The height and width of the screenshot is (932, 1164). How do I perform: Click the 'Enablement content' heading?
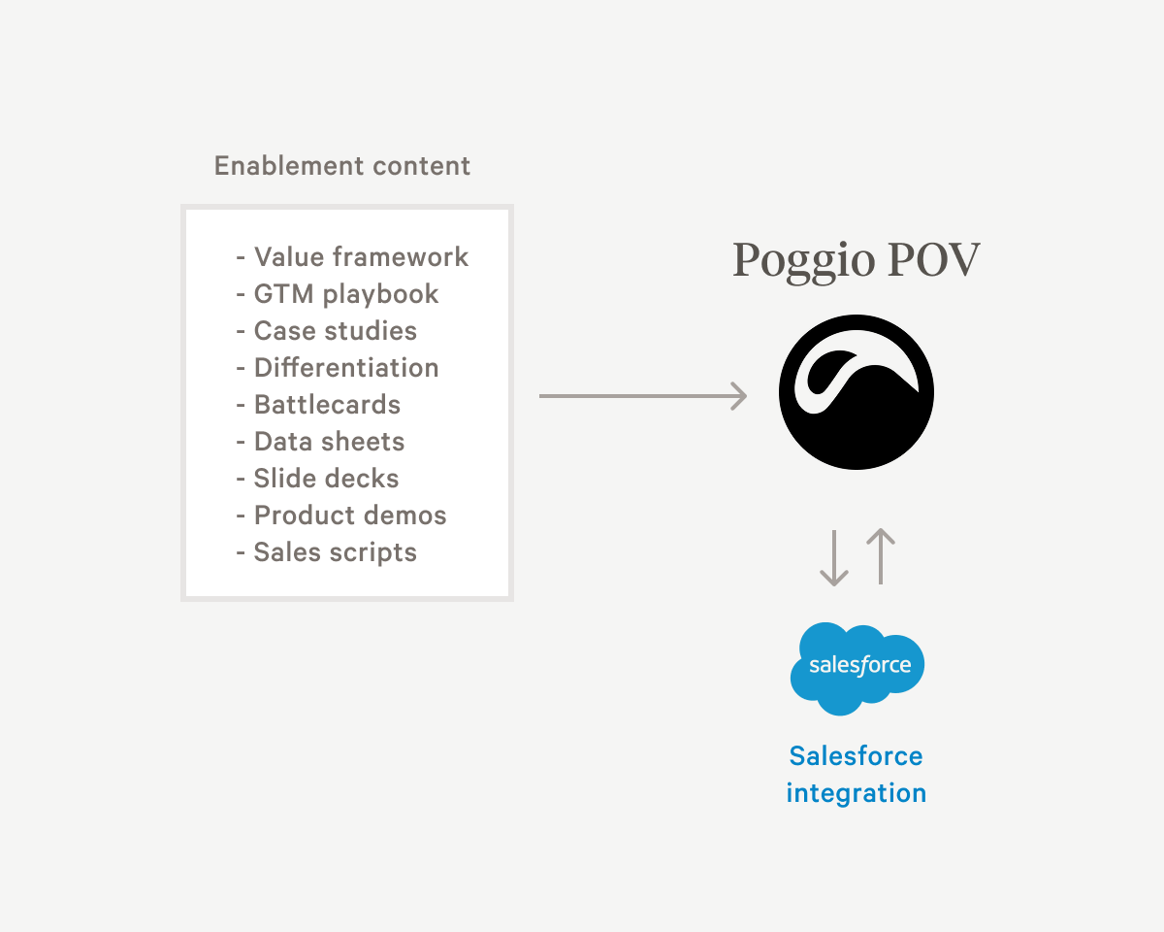342,166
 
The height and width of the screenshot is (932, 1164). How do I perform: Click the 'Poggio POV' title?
856,260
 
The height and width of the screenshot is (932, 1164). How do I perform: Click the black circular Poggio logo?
856,392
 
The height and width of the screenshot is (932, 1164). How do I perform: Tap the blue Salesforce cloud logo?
857,667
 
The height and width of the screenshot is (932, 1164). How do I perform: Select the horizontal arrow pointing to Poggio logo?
642,396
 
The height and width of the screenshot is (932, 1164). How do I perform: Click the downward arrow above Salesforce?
833,558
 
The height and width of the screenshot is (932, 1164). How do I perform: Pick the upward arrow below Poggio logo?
880,556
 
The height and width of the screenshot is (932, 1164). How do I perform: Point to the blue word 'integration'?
856,793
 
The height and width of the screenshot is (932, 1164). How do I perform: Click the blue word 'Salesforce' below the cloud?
856,756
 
